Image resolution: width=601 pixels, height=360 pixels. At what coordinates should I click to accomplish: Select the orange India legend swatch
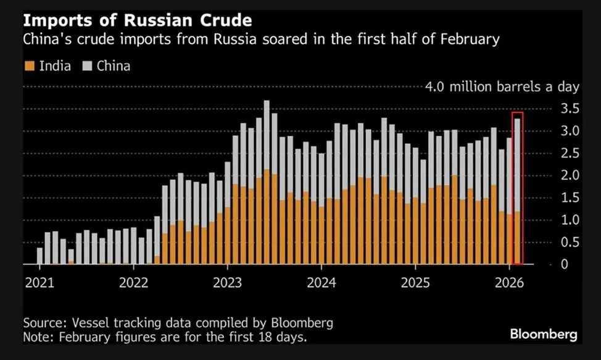[28, 65]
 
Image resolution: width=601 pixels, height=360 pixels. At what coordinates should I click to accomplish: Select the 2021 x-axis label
[39, 283]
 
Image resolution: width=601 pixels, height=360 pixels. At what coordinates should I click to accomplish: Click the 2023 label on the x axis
[228, 283]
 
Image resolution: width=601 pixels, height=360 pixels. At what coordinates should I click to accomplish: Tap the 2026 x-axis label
[510, 283]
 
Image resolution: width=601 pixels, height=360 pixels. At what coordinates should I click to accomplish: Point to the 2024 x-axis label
[321, 283]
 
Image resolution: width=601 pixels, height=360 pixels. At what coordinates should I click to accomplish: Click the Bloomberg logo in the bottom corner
[543, 334]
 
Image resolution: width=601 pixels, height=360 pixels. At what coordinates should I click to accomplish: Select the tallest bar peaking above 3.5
[267, 185]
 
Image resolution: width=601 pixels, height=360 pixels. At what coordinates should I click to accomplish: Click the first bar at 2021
[40, 256]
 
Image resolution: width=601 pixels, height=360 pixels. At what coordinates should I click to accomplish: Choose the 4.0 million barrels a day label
[502, 86]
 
